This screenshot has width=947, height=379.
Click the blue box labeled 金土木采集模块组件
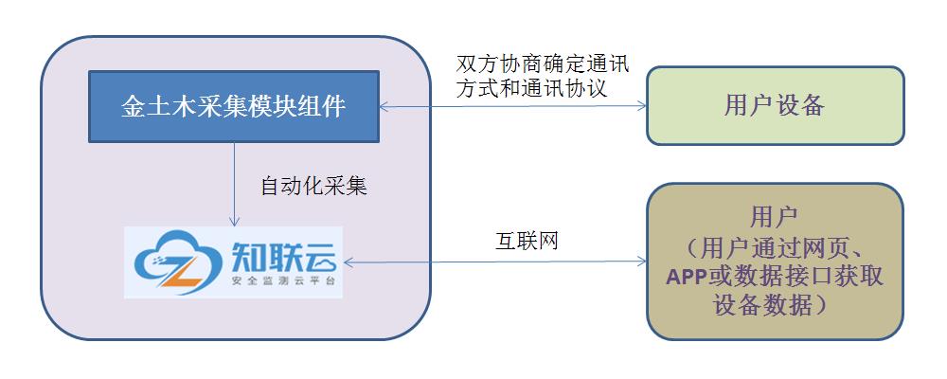pos(234,105)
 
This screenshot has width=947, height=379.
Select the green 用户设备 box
pos(774,105)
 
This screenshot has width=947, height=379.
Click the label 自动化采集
pos(313,186)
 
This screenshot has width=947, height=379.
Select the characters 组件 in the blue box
pos(321,105)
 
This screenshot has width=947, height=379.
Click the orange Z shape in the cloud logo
pos(186,267)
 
